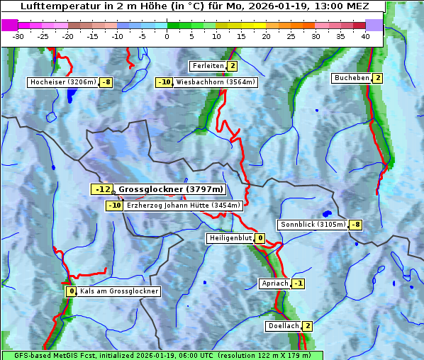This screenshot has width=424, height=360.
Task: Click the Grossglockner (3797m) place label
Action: (x=170, y=189)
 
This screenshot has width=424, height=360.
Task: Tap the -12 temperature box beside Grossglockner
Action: (x=102, y=189)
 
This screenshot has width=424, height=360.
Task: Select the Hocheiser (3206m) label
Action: (x=62, y=82)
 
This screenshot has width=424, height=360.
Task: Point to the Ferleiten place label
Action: (x=208, y=66)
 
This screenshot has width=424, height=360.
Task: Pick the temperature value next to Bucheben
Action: (x=378, y=77)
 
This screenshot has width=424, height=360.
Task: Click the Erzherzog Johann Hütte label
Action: (x=184, y=206)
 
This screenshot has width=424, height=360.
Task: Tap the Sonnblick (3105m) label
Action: (x=313, y=225)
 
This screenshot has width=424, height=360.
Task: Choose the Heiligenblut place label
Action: (x=230, y=238)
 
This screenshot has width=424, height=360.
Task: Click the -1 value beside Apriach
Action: (x=299, y=283)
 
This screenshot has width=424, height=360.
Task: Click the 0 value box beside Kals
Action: (x=71, y=291)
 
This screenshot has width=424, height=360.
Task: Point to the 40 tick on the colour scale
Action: (x=365, y=36)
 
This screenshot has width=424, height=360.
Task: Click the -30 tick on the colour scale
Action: (x=18, y=36)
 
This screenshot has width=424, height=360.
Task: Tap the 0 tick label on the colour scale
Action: (x=167, y=36)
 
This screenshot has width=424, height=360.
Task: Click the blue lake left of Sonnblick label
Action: (x=326, y=213)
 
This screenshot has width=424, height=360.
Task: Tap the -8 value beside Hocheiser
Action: (x=106, y=82)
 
